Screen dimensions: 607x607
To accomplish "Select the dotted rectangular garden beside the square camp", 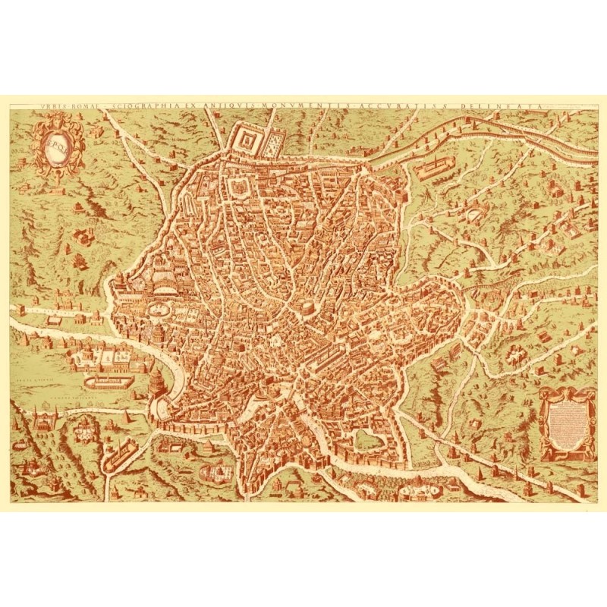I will click(274, 140).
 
